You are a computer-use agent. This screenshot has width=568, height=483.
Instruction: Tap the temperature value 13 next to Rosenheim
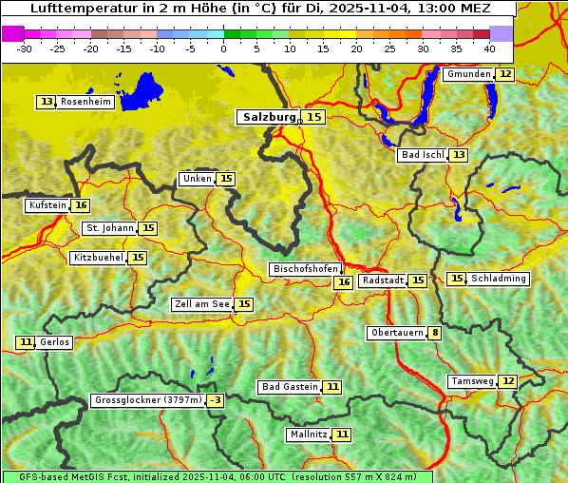(x=47, y=102)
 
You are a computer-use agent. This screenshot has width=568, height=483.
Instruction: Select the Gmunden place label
(x=468, y=74)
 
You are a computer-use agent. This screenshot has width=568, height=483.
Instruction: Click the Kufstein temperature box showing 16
(x=81, y=205)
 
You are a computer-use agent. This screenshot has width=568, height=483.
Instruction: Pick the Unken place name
(x=197, y=179)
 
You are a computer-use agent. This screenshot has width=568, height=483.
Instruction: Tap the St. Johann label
(x=109, y=228)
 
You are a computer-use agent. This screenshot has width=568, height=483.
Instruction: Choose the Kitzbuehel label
(x=98, y=258)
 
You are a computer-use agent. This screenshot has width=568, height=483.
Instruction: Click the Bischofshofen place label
(x=305, y=269)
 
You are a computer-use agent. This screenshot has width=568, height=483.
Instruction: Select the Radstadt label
(x=383, y=280)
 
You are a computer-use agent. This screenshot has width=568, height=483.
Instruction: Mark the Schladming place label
(x=499, y=279)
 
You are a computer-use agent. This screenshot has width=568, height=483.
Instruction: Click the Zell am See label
(x=201, y=304)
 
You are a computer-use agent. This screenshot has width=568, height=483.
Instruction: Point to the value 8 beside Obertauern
(x=434, y=333)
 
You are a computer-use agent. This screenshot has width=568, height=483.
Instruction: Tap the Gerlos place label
(x=55, y=342)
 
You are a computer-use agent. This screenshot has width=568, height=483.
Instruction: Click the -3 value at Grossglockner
(x=216, y=400)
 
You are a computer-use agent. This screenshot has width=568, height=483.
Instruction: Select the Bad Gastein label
(x=290, y=387)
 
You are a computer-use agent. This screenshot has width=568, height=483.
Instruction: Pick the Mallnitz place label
(x=308, y=435)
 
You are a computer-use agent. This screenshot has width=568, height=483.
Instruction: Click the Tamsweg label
(x=472, y=381)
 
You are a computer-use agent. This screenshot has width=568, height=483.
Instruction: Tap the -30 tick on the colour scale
(x=25, y=48)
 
